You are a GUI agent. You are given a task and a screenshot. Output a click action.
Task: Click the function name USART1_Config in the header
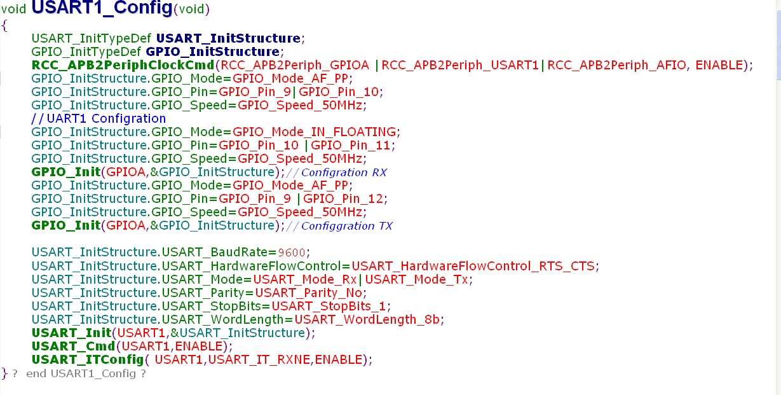click(x=102, y=8)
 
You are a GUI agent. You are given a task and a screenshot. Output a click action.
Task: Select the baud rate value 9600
click(x=292, y=253)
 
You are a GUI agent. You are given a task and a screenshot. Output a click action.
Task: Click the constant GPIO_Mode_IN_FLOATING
click(x=314, y=132)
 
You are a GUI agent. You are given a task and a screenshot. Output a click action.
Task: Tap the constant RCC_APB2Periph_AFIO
click(x=616, y=66)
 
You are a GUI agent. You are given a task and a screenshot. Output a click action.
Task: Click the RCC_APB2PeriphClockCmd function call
click(x=123, y=66)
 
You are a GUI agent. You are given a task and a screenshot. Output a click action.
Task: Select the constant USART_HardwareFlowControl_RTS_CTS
click(x=473, y=267)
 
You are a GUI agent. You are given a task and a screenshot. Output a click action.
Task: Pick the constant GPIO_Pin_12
click(x=343, y=198)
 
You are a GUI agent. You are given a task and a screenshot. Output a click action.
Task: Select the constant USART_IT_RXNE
click(x=259, y=360)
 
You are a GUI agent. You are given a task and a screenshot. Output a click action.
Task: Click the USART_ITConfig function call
click(x=88, y=360)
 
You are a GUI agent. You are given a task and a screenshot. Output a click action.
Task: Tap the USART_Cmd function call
click(x=73, y=347)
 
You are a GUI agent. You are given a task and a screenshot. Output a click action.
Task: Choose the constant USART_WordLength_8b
click(x=367, y=320)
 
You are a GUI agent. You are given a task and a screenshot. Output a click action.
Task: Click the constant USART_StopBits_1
click(x=329, y=307)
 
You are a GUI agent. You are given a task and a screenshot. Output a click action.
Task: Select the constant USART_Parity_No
click(x=308, y=293)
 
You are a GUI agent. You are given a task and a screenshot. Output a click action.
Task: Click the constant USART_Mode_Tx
click(x=416, y=279)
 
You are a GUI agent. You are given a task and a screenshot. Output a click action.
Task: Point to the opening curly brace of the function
click(x=4, y=26)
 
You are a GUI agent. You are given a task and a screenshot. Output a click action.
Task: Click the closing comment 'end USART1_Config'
click(x=81, y=374)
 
